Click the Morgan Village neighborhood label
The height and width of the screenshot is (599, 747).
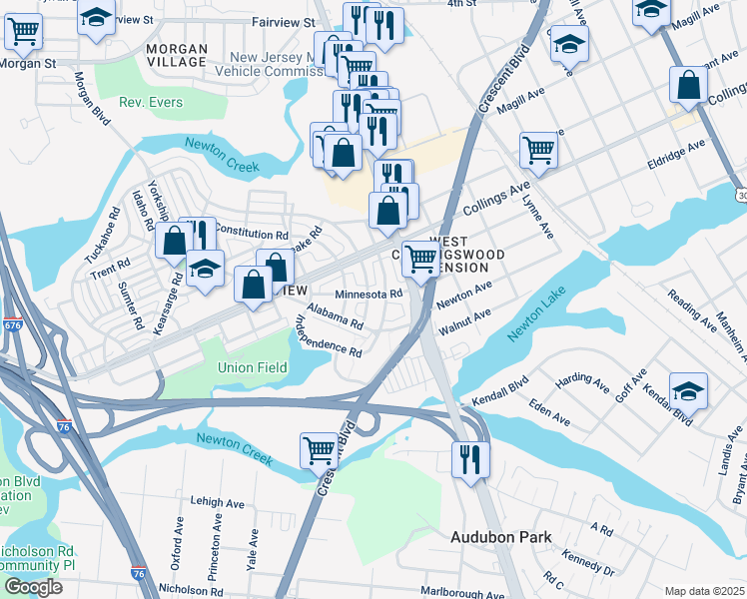177,55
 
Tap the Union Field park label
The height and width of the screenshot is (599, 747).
253,367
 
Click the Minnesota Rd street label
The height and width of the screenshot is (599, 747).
368,295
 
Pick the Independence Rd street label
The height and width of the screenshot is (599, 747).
328,336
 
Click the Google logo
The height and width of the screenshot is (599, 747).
33,587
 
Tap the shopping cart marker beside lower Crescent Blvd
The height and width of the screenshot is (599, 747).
319,449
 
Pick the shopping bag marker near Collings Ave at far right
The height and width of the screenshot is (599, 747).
689,86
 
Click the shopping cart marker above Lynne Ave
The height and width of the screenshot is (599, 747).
537,151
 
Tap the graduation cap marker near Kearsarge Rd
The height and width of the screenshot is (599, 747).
205,270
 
